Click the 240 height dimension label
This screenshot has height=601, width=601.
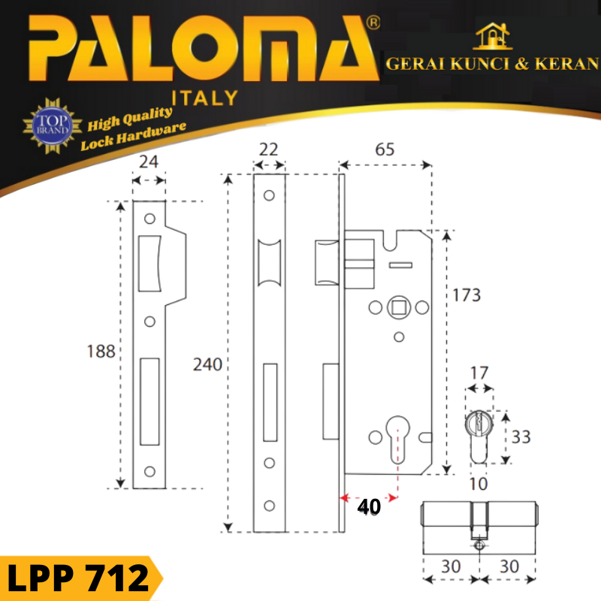pos(207,364)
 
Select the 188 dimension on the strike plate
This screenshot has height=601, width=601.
pos(101,351)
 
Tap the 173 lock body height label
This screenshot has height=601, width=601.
pos(467,295)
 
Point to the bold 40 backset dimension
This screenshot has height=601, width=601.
pos(369,506)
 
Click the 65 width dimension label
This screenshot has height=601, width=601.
pos(385,149)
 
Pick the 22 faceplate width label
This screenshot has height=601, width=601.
pos(268,149)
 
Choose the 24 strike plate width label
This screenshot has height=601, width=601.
pos(149,162)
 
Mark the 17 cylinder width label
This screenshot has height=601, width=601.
pos(479,373)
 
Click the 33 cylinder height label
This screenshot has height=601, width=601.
pos(521,437)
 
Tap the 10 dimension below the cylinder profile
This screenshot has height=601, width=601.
pos(479,484)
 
